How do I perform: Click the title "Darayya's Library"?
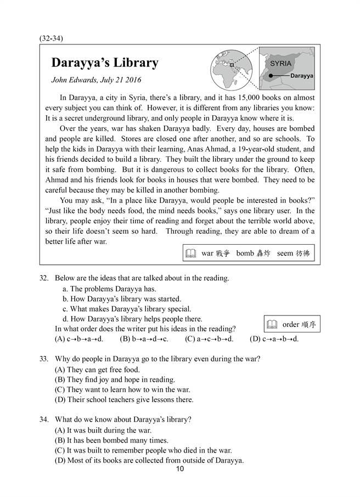click(x=104, y=63)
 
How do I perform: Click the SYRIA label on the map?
click(x=281, y=64)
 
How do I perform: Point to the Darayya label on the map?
click(x=301, y=76)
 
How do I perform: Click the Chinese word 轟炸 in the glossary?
click(x=263, y=253)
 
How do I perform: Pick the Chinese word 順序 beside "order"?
click(x=308, y=324)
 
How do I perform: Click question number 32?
click(x=44, y=278)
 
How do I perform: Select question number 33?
click(x=44, y=359)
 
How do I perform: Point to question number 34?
click(x=44, y=420)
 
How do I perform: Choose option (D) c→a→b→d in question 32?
click(x=274, y=339)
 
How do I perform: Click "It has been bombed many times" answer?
click(x=111, y=440)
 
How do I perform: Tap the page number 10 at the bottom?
click(x=180, y=468)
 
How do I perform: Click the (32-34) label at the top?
click(x=52, y=38)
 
